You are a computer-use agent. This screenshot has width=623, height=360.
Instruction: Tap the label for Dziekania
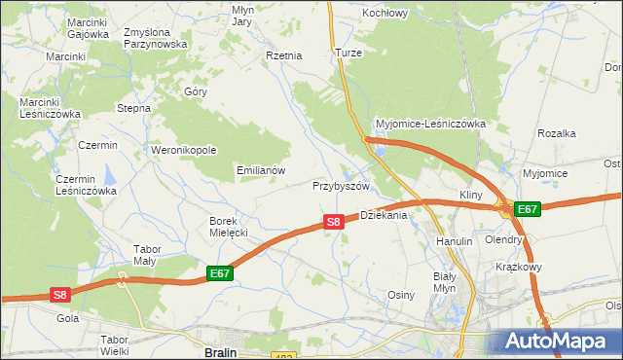point(383,216)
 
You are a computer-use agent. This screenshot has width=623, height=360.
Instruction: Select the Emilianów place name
point(261,170)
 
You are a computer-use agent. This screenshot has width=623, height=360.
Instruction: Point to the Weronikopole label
point(183,151)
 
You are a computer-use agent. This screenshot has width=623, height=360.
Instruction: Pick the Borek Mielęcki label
point(230,227)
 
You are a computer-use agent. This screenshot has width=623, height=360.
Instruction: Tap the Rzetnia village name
point(284,56)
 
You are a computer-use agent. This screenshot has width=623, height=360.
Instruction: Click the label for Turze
point(348,53)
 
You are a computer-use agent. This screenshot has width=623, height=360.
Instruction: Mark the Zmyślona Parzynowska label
point(155,38)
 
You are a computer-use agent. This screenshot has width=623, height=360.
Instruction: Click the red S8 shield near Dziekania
point(333,222)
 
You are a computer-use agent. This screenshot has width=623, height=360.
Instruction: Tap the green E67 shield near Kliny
point(527,209)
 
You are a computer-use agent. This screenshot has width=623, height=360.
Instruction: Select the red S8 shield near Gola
point(60,294)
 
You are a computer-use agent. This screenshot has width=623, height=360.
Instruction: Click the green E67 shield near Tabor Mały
point(220,274)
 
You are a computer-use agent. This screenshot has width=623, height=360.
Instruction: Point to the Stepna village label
point(133,108)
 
